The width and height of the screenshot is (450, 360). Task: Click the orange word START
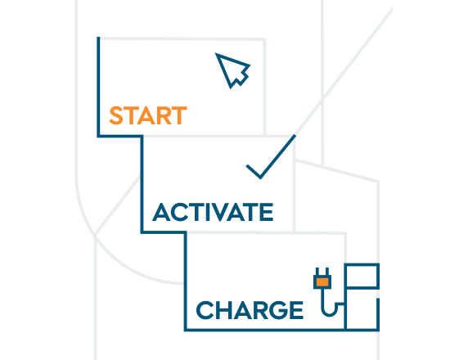[148, 115]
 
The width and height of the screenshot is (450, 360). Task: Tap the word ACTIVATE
[213, 212]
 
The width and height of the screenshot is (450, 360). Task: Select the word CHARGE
[250, 310]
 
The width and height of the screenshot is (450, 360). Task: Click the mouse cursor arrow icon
[232, 70]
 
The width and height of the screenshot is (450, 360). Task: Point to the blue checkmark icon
[271, 157]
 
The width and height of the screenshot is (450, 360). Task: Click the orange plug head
[322, 282]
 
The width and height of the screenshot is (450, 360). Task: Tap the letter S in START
[116, 115]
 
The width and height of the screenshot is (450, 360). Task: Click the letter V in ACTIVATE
[222, 212]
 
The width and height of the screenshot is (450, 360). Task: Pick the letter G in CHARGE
[277, 310]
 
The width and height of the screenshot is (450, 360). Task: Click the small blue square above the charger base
[362, 276]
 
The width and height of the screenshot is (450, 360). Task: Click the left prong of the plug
[317, 272]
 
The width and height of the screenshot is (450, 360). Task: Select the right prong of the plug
[327, 272]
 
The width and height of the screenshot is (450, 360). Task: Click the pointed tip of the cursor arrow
[216, 53]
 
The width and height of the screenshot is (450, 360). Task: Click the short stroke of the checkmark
[253, 171]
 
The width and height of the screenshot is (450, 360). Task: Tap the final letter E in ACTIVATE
[267, 212]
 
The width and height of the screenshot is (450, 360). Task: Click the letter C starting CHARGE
[205, 310]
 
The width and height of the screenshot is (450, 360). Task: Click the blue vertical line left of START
[98, 86]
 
